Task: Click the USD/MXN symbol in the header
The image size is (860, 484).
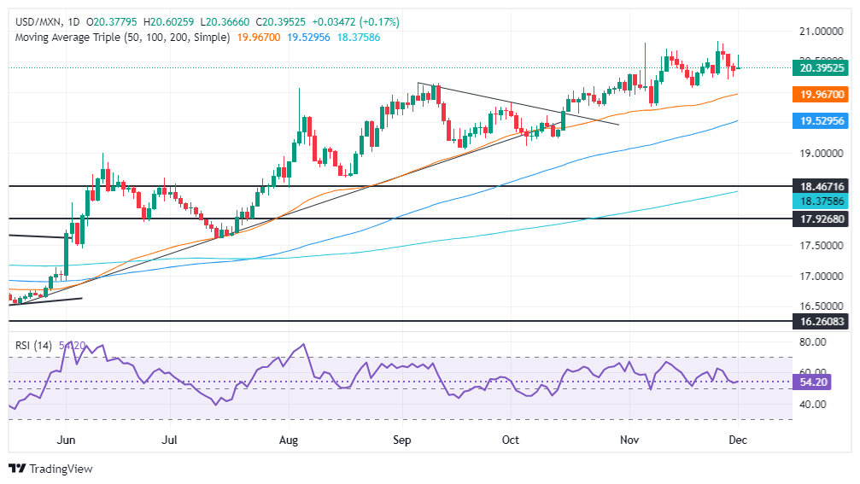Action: coord(35,21)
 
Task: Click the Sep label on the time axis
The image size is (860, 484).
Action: coord(401,440)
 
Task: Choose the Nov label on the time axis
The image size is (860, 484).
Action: coord(629,440)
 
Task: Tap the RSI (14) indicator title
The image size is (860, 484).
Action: coord(33,346)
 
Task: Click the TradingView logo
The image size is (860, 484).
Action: coord(50,469)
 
